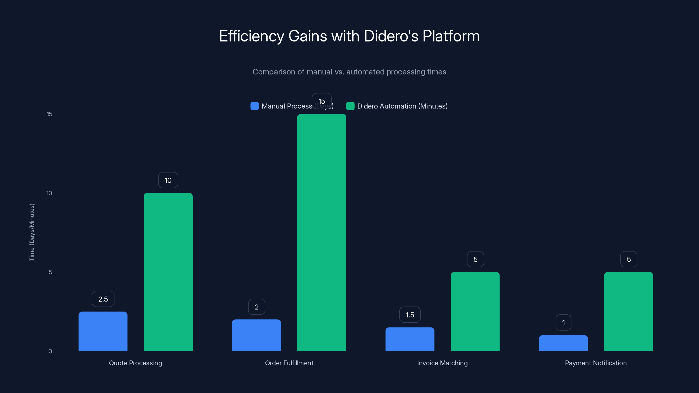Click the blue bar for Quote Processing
tap(103, 331)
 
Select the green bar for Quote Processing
tap(168, 272)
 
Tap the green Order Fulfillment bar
tap(322, 233)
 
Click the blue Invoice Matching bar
tap(410, 339)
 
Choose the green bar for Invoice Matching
tap(475, 311)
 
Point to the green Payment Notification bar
tap(628, 311)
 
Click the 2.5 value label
tap(103, 299)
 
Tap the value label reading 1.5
tap(410, 315)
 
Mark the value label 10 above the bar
tap(168, 180)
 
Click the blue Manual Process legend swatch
tap(254, 106)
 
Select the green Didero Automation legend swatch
tap(350, 106)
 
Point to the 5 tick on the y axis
tap(50, 272)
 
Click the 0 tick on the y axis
tap(50, 351)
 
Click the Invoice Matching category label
tap(442, 363)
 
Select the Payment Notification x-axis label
tap(596, 363)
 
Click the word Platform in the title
tap(451, 36)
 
